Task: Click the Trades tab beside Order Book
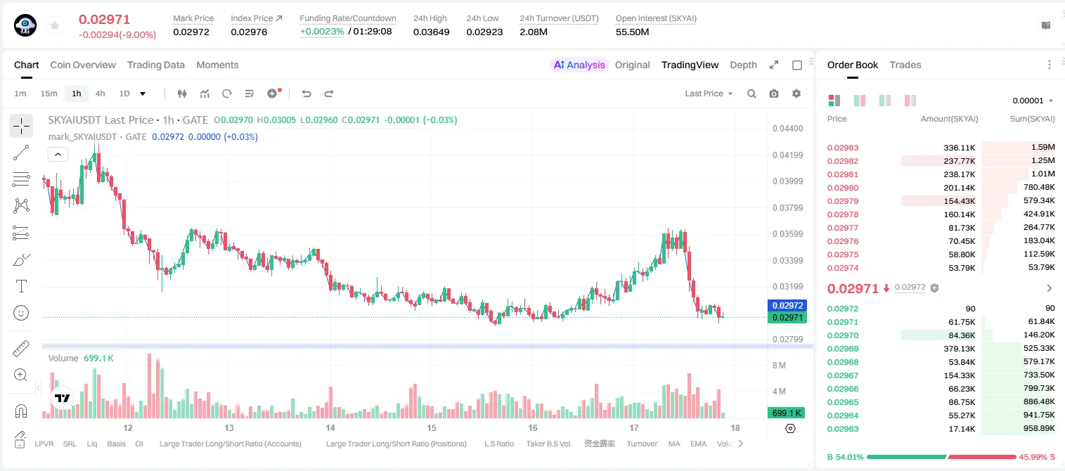click(905, 65)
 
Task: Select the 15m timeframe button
click(49, 93)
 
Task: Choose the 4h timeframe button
click(100, 93)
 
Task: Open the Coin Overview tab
click(83, 65)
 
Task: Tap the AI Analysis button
click(579, 65)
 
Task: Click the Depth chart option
click(743, 65)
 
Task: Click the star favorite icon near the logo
click(55, 25)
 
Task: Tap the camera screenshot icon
click(774, 93)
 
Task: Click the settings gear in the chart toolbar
click(796, 93)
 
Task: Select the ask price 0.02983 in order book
click(843, 148)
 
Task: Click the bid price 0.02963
click(843, 429)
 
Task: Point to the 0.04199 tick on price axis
click(788, 155)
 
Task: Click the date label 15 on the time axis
click(431, 427)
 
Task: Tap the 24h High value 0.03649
click(431, 32)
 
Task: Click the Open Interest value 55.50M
click(633, 32)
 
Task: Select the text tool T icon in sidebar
click(21, 287)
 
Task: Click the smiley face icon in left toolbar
click(21, 313)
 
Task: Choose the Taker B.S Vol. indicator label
click(548, 444)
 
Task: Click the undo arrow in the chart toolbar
click(306, 93)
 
